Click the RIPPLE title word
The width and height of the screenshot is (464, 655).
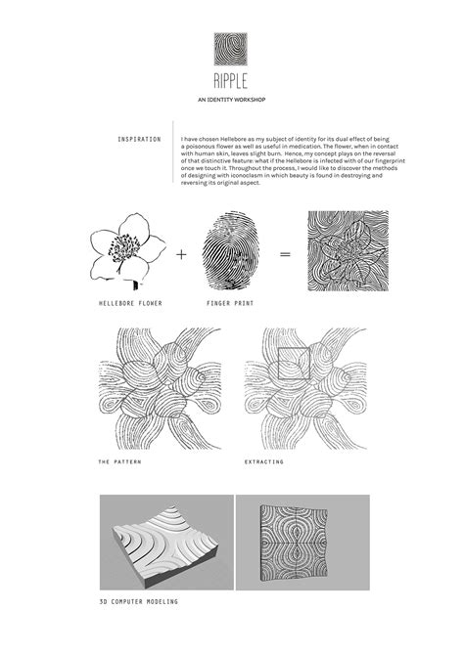(x=232, y=81)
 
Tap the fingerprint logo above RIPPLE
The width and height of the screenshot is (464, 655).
(x=232, y=49)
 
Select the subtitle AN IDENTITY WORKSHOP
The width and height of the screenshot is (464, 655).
(x=232, y=101)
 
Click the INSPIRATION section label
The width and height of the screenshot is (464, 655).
(x=139, y=139)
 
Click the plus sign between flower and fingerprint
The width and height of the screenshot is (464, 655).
(x=181, y=255)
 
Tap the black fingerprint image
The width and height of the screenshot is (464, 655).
(x=231, y=253)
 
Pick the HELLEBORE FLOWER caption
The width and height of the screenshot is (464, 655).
(x=130, y=304)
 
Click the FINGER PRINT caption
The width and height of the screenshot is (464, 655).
(x=232, y=304)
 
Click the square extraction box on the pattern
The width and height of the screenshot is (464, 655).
(x=295, y=365)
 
